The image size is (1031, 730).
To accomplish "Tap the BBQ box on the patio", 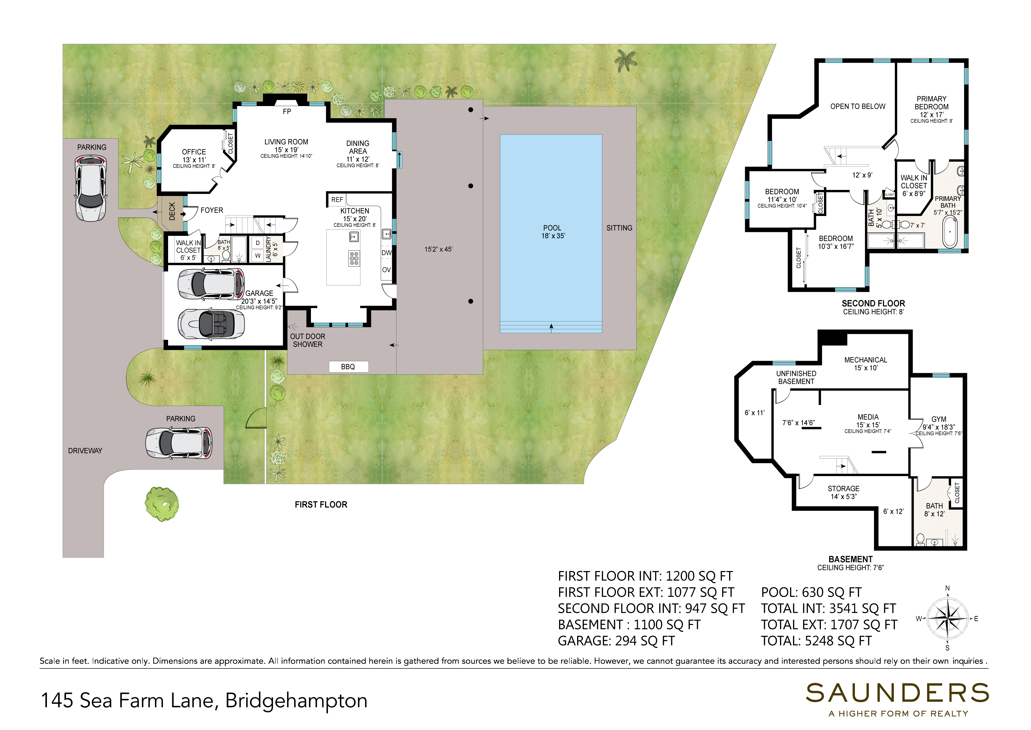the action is click(349, 367).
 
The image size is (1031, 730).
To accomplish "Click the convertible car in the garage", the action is click(211, 323).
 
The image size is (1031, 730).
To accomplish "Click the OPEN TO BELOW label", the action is click(858, 107).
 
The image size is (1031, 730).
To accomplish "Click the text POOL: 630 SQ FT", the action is click(811, 592).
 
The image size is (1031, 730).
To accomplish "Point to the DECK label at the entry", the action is click(172, 211).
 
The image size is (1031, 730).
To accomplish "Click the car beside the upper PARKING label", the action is click(91, 188).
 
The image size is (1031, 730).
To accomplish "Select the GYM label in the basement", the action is click(939, 419).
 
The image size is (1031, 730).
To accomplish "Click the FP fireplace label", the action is click(287, 111).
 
